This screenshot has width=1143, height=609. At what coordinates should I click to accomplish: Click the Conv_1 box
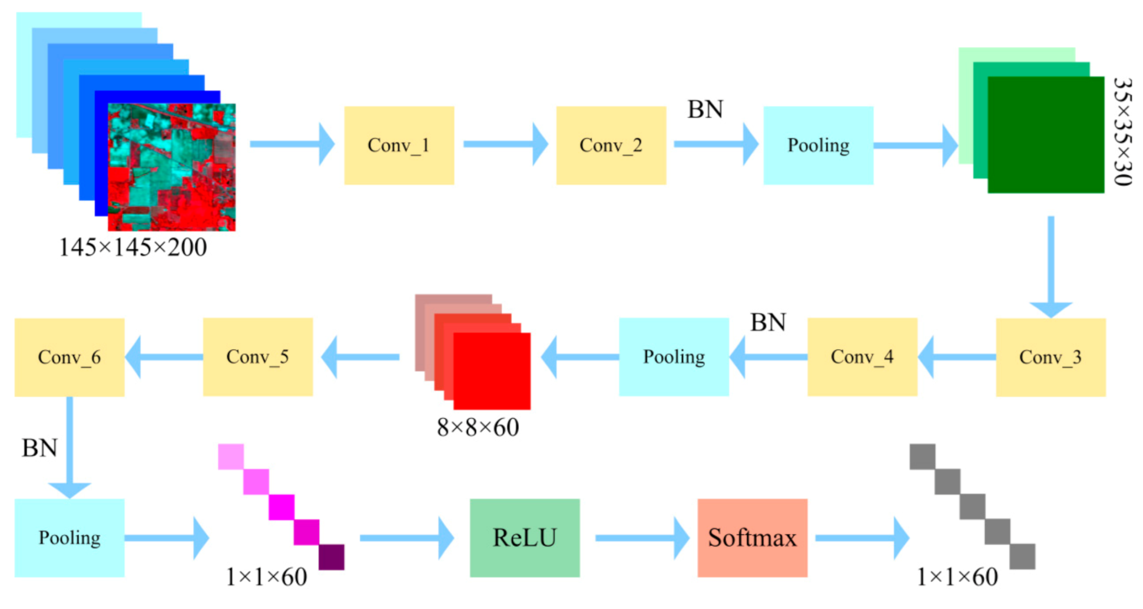pos(399,145)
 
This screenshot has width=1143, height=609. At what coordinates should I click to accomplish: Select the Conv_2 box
pos(611,145)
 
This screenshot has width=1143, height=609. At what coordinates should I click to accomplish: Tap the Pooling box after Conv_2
pos(818,145)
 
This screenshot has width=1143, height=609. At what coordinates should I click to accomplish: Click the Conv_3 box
pos(1050,357)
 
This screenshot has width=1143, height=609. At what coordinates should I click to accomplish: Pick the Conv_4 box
pos(862,357)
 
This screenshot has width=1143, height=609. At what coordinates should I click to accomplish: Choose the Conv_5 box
pos(257,357)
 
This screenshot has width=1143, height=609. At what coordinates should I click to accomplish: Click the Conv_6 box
pos(69,357)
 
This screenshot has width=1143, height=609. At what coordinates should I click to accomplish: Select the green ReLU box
pos(524,537)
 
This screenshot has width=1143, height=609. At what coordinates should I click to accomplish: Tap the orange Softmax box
pos(752,537)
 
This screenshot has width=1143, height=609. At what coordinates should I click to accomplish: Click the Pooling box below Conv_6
pos(69,537)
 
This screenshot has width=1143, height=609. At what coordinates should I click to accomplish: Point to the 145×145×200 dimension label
pos(132,247)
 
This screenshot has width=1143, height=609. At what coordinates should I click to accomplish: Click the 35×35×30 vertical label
pos(1122,132)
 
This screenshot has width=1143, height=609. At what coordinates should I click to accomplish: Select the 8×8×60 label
pos(478,428)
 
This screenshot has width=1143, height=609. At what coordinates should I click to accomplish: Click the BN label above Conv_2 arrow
pos(705,110)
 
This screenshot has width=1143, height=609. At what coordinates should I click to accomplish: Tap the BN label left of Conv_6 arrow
pos(39,448)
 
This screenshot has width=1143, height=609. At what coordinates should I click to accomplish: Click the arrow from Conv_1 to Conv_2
pos(505,144)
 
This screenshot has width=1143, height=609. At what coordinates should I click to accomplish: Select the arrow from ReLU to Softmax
pos(642,537)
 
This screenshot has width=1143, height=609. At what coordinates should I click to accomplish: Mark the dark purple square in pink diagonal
pos(332,557)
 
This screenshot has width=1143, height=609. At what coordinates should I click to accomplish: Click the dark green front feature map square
pos(1045,134)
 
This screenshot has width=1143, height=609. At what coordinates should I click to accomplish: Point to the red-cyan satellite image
pos(171,167)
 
